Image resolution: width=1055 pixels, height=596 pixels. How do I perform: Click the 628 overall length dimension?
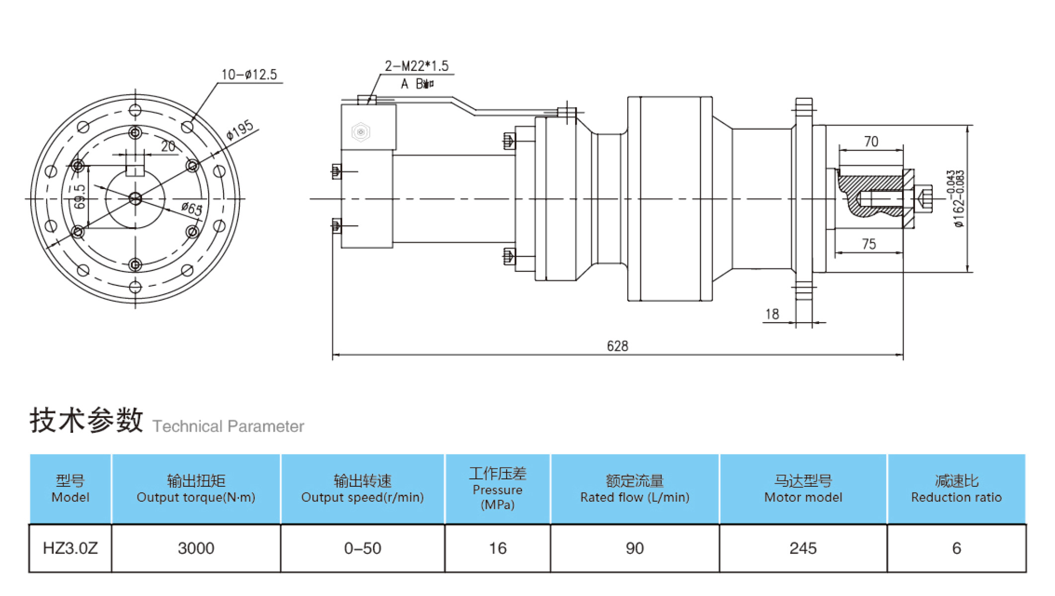pos(617,346)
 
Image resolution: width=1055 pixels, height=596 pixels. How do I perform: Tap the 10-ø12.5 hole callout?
pos(249,75)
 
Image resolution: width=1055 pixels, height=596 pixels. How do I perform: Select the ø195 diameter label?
pos(240,130)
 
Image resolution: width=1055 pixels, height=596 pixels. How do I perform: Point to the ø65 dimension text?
pos(192,208)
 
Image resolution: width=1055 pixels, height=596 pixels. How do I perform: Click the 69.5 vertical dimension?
pos(79,196)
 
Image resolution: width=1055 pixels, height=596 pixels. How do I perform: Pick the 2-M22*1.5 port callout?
pos(416,66)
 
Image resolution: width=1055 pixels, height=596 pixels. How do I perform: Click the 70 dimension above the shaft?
pos(871,142)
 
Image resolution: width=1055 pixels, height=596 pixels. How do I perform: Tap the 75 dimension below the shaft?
pos(869,244)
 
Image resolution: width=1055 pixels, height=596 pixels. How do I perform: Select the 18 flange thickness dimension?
pos(772,314)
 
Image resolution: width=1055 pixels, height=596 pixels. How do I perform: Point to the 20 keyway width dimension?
pos(168,146)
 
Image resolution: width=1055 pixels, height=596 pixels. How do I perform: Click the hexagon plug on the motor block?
pos(361,132)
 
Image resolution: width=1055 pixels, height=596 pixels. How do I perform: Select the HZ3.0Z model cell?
pos(70,548)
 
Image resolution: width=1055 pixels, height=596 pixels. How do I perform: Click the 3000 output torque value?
pos(196,548)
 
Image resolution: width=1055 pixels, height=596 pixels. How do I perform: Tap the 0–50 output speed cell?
pos(363,548)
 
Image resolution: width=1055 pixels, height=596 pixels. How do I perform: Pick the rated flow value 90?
pos(634,548)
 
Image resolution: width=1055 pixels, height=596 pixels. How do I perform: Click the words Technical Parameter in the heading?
pos(228,426)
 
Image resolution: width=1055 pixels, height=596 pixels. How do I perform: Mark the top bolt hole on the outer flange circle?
pos(135,110)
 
